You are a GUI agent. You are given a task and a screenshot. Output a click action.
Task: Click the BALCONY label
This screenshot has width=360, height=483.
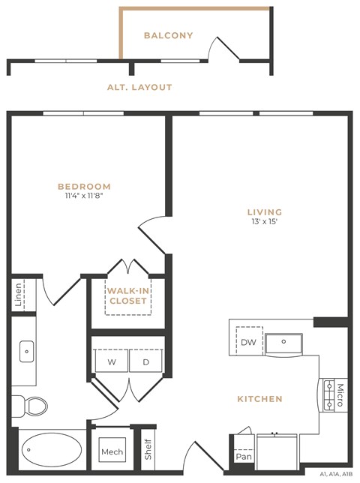(x=168, y=35)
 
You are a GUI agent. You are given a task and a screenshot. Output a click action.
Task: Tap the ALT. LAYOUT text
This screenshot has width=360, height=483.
(x=139, y=88)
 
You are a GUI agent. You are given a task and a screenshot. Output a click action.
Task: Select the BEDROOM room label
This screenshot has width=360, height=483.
(x=85, y=187)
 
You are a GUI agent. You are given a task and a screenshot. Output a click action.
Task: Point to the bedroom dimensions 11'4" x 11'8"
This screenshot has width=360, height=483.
(x=85, y=196)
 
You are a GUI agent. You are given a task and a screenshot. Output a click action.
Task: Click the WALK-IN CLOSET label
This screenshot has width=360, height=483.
(x=127, y=295)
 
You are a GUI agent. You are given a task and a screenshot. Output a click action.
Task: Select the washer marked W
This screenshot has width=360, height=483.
(x=111, y=361)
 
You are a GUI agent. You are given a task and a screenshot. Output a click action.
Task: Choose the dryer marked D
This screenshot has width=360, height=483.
(x=146, y=361)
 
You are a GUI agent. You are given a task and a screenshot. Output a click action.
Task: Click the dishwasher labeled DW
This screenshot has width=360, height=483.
(x=248, y=342)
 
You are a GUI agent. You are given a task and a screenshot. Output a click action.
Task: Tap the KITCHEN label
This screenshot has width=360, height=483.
(x=260, y=399)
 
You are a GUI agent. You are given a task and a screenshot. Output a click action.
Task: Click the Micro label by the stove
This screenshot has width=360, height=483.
(x=340, y=394)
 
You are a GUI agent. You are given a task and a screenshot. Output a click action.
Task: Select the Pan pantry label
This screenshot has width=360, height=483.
(x=243, y=456)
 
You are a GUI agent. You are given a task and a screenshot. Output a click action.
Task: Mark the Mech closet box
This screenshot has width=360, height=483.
(x=112, y=452)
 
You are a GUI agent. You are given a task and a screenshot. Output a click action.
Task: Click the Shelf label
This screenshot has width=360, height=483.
(x=148, y=450)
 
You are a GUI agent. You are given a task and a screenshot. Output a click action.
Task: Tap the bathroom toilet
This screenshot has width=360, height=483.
(x=31, y=406)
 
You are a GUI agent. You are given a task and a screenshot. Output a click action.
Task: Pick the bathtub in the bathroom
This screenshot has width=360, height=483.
(x=50, y=451)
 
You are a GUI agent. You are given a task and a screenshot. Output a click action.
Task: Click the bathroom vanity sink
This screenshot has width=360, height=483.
(x=26, y=350)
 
